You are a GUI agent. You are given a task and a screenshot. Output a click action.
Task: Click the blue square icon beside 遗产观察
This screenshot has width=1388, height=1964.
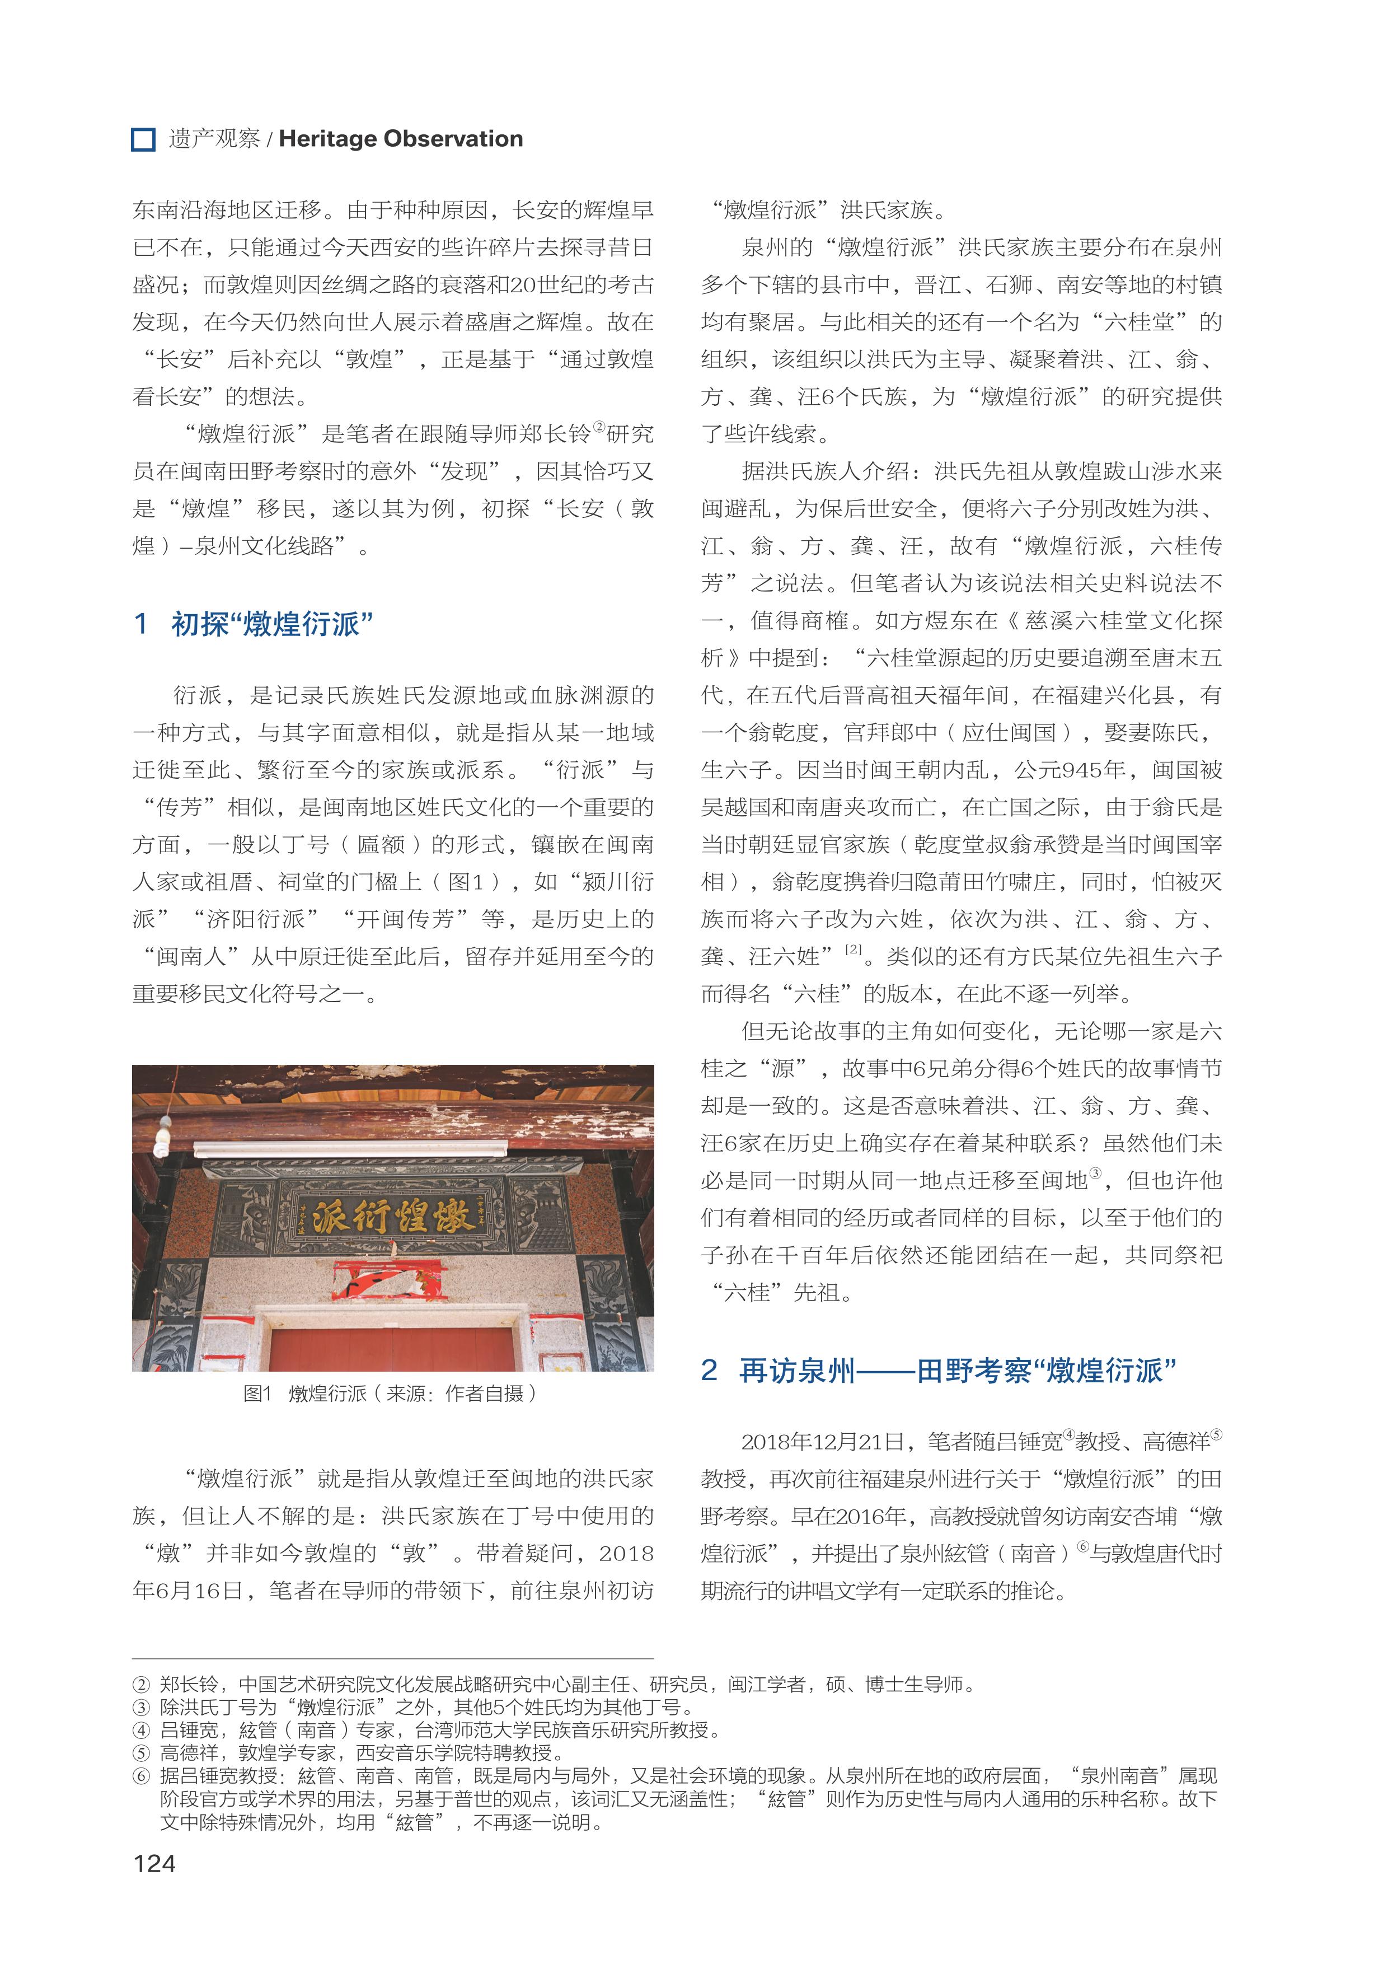(x=143, y=139)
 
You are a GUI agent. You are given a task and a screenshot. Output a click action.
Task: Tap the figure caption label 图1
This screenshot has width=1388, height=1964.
(x=256, y=1392)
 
